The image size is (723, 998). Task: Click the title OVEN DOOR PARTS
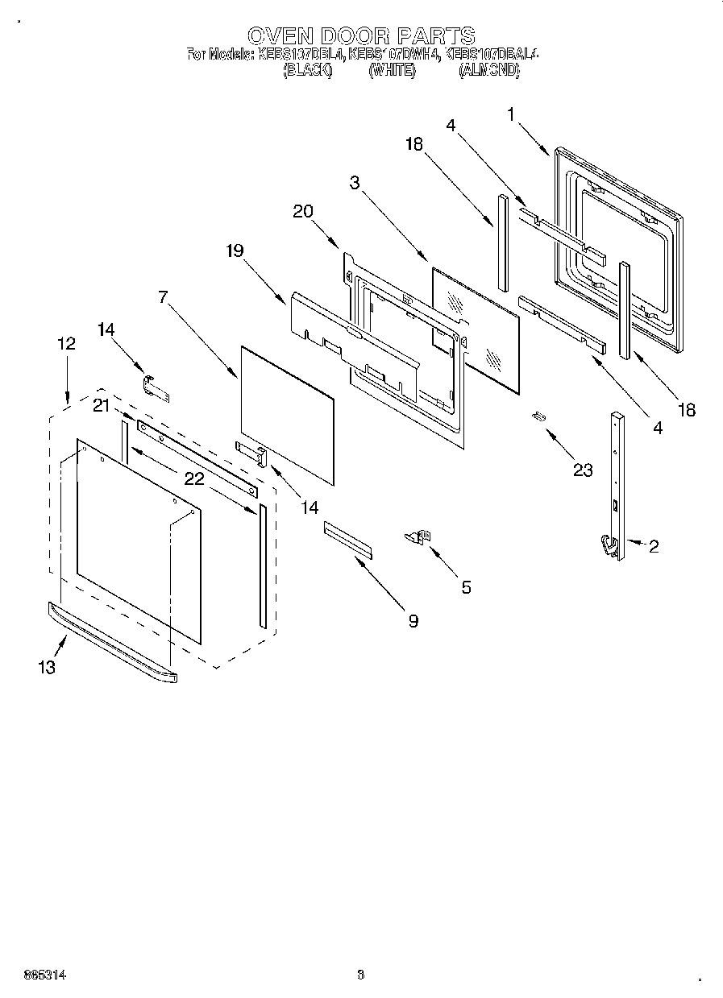pos(360,35)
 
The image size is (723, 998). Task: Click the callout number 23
pos(583,470)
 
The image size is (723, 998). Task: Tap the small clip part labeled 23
pos(539,416)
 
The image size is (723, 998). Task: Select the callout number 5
pos(466,587)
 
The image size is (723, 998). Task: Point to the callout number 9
pos(413,620)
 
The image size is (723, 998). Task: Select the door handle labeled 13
pos(113,642)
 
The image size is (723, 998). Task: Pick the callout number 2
pos(653,547)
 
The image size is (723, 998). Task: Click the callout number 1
pos(510,114)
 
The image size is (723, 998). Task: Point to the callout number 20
pos(303,211)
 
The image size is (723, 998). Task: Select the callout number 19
pos(234,251)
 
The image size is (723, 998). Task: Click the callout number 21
pos(102,406)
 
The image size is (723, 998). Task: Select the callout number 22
pos(193,478)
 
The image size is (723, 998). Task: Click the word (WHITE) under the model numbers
pos(392,71)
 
